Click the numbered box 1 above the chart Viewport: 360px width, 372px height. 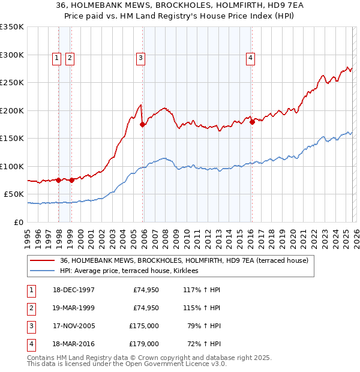tap(56, 58)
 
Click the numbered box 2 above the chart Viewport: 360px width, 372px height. tap(70, 58)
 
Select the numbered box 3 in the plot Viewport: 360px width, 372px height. tap(140, 58)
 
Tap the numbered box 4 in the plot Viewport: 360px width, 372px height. tap(250, 58)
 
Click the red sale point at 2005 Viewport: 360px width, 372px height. tap(143, 125)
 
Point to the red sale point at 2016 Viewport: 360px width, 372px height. tap(252, 122)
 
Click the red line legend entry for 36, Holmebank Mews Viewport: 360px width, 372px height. tap(184, 260)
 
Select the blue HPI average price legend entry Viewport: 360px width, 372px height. tap(133, 271)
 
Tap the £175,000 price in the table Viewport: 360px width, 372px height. tap(144, 326)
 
